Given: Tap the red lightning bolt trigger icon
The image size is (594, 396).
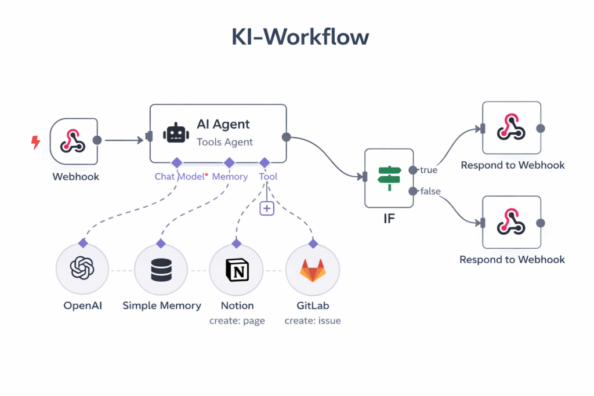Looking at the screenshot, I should click(x=36, y=141).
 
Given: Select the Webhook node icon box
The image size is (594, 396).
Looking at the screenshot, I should click(x=74, y=141).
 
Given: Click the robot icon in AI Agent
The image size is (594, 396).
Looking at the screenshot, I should click(x=176, y=133).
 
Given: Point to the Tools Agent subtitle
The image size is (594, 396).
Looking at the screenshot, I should click(x=224, y=142).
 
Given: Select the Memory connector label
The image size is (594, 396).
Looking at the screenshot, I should click(x=230, y=176).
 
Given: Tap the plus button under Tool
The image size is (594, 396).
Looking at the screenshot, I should click(x=266, y=208).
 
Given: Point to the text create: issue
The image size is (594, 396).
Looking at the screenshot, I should click(x=313, y=321).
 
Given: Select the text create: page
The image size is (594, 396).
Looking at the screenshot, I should click(x=237, y=321).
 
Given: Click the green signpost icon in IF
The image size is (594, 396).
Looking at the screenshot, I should click(x=389, y=178).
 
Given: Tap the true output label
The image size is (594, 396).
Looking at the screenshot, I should click(x=428, y=170).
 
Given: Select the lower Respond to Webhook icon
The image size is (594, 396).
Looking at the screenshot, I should click(x=511, y=223).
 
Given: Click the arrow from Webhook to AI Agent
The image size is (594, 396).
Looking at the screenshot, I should click(x=124, y=140).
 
